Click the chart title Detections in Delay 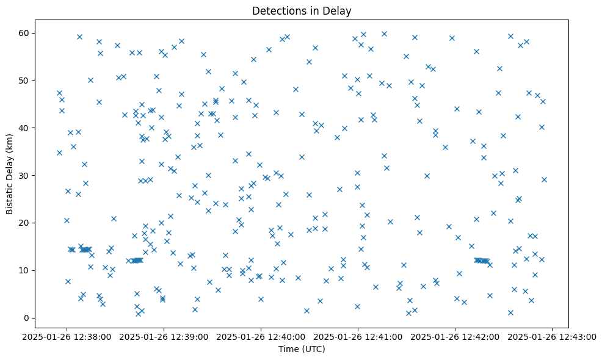pyautogui.click(x=302, y=11)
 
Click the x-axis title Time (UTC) pyautogui.click(x=302, y=349)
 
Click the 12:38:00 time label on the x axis pyautogui.click(x=67, y=336)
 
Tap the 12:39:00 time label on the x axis pyautogui.click(x=164, y=336)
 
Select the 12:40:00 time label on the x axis pyautogui.click(x=261, y=336)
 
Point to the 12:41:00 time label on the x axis pyautogui.click(x=358, y=336)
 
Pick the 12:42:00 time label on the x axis pyautogui.click(x=455, y=336)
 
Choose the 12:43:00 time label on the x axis pyautogui.click(x=553, y=336)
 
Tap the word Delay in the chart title pyautogui.click(x=339, y=11)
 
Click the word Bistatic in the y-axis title pyautogui.click(x=10, y=196)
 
